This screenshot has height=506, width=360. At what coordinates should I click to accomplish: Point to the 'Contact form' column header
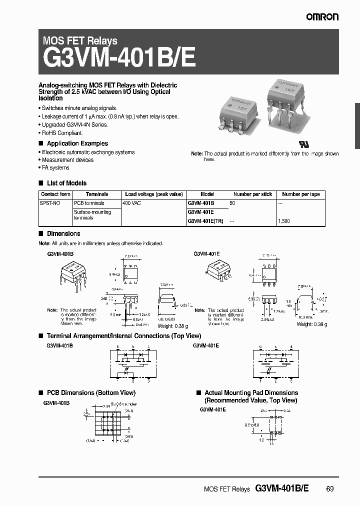(55, 194)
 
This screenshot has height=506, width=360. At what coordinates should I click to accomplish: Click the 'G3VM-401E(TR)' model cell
(206, 220)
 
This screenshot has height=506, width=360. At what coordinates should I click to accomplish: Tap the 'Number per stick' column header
(252, 194)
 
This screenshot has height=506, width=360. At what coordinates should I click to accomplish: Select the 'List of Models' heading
(66, 183)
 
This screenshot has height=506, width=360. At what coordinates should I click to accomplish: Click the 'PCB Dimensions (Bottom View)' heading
(90, 393)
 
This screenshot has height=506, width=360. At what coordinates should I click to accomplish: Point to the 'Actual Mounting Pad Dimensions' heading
(251, 393)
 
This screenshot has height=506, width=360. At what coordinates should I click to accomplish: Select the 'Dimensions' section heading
(63, 233)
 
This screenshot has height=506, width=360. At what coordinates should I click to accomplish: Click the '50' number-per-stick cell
(232, 203)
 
